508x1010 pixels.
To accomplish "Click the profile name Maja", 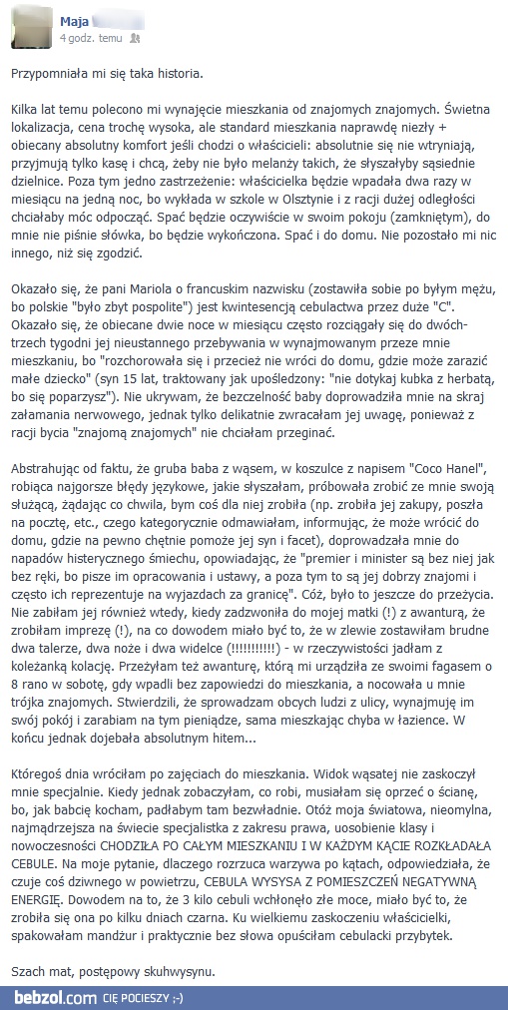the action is click(x=76, y=20).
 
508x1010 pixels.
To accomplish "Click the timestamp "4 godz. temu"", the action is click(x=91, y=37).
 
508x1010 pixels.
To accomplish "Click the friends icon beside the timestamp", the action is click(x=136, y=37).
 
